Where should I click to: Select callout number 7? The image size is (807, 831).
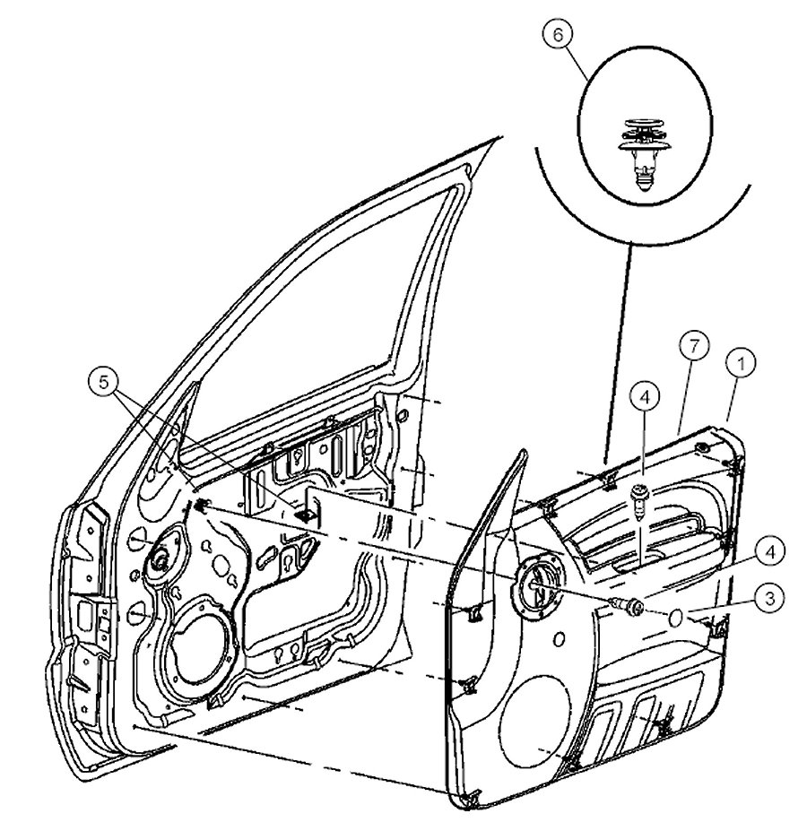pyautogui.click(x=699, y=344)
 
